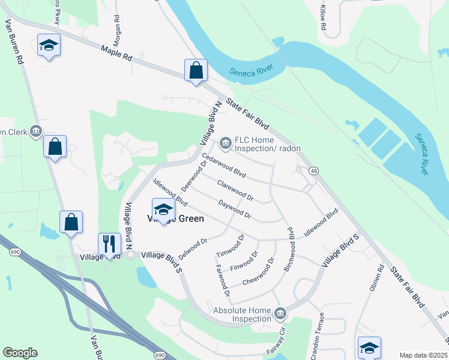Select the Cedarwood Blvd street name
pos(224,165)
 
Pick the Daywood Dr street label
pos(234,209)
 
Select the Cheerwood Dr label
pos(258,273)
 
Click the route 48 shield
pos(314,171)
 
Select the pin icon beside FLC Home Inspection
pos(226,142)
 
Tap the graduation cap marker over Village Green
pos(163,209)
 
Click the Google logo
pos(20,353)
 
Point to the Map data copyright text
pos(423,355)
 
